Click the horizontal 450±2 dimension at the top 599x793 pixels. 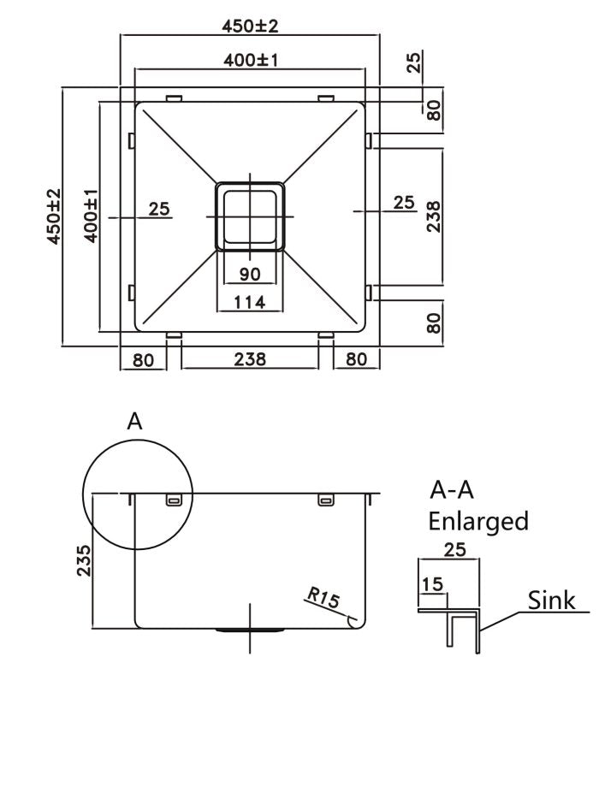click(250, 27)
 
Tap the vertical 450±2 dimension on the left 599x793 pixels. click(54, 216)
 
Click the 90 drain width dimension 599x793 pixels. click(250, 274)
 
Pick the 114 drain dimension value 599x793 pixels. click(250, 301)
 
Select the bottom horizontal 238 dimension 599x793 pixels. click(250, 359)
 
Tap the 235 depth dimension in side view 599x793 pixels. click(84, 560)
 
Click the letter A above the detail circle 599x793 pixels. click(134, 421)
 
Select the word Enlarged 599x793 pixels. click(478, 520)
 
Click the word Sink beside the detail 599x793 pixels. click(550, 600)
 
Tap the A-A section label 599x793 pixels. click(452, 490)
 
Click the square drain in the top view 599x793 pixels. click(250, 215)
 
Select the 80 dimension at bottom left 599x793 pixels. click(143, 359)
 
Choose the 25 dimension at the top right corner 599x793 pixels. click(413, 62)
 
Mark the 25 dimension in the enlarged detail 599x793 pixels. click(455, 550)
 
